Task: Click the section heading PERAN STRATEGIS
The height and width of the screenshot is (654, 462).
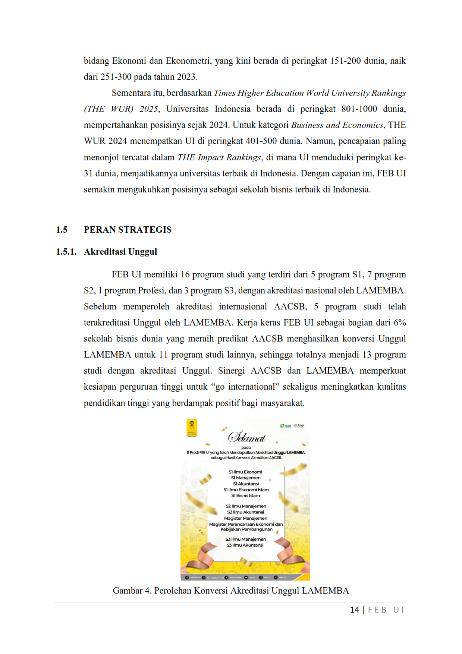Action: pos(128,230)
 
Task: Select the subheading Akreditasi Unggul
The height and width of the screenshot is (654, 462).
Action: pos(120,252)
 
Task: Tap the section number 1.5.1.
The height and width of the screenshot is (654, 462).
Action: pos(66,252)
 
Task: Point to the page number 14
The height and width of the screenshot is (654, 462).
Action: pos(354,610)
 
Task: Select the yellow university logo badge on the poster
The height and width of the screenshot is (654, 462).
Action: pos(192,428)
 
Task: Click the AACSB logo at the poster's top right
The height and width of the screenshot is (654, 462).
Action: pos(286,426)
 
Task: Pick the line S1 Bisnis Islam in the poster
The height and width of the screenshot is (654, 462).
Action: pos(245,496)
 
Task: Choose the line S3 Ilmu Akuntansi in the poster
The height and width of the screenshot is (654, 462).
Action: pos(245,545)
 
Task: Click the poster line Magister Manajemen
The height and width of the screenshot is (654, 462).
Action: pos(245,518)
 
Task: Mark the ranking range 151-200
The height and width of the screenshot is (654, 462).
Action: pos(345,61)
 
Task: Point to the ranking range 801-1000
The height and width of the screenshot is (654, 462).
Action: pos(359,109)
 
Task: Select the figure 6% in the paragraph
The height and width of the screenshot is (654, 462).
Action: pos(400,323)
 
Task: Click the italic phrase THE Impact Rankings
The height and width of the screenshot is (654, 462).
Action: pos(219,157)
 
